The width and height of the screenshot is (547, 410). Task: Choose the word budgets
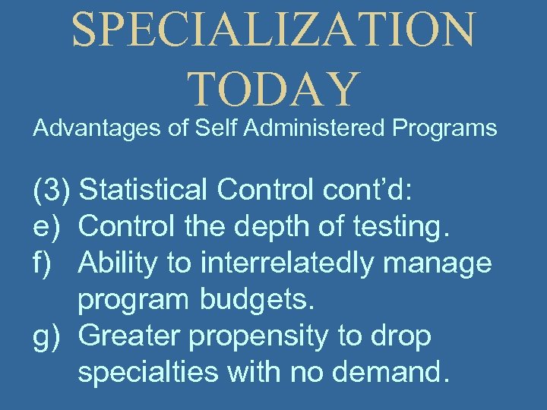[x=257, y=300]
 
